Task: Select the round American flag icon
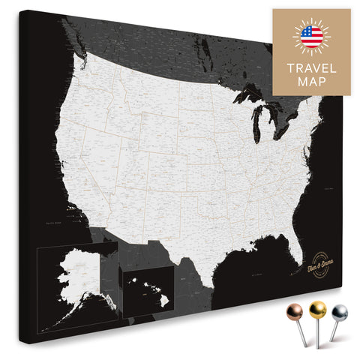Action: click(x=310, y=35)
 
